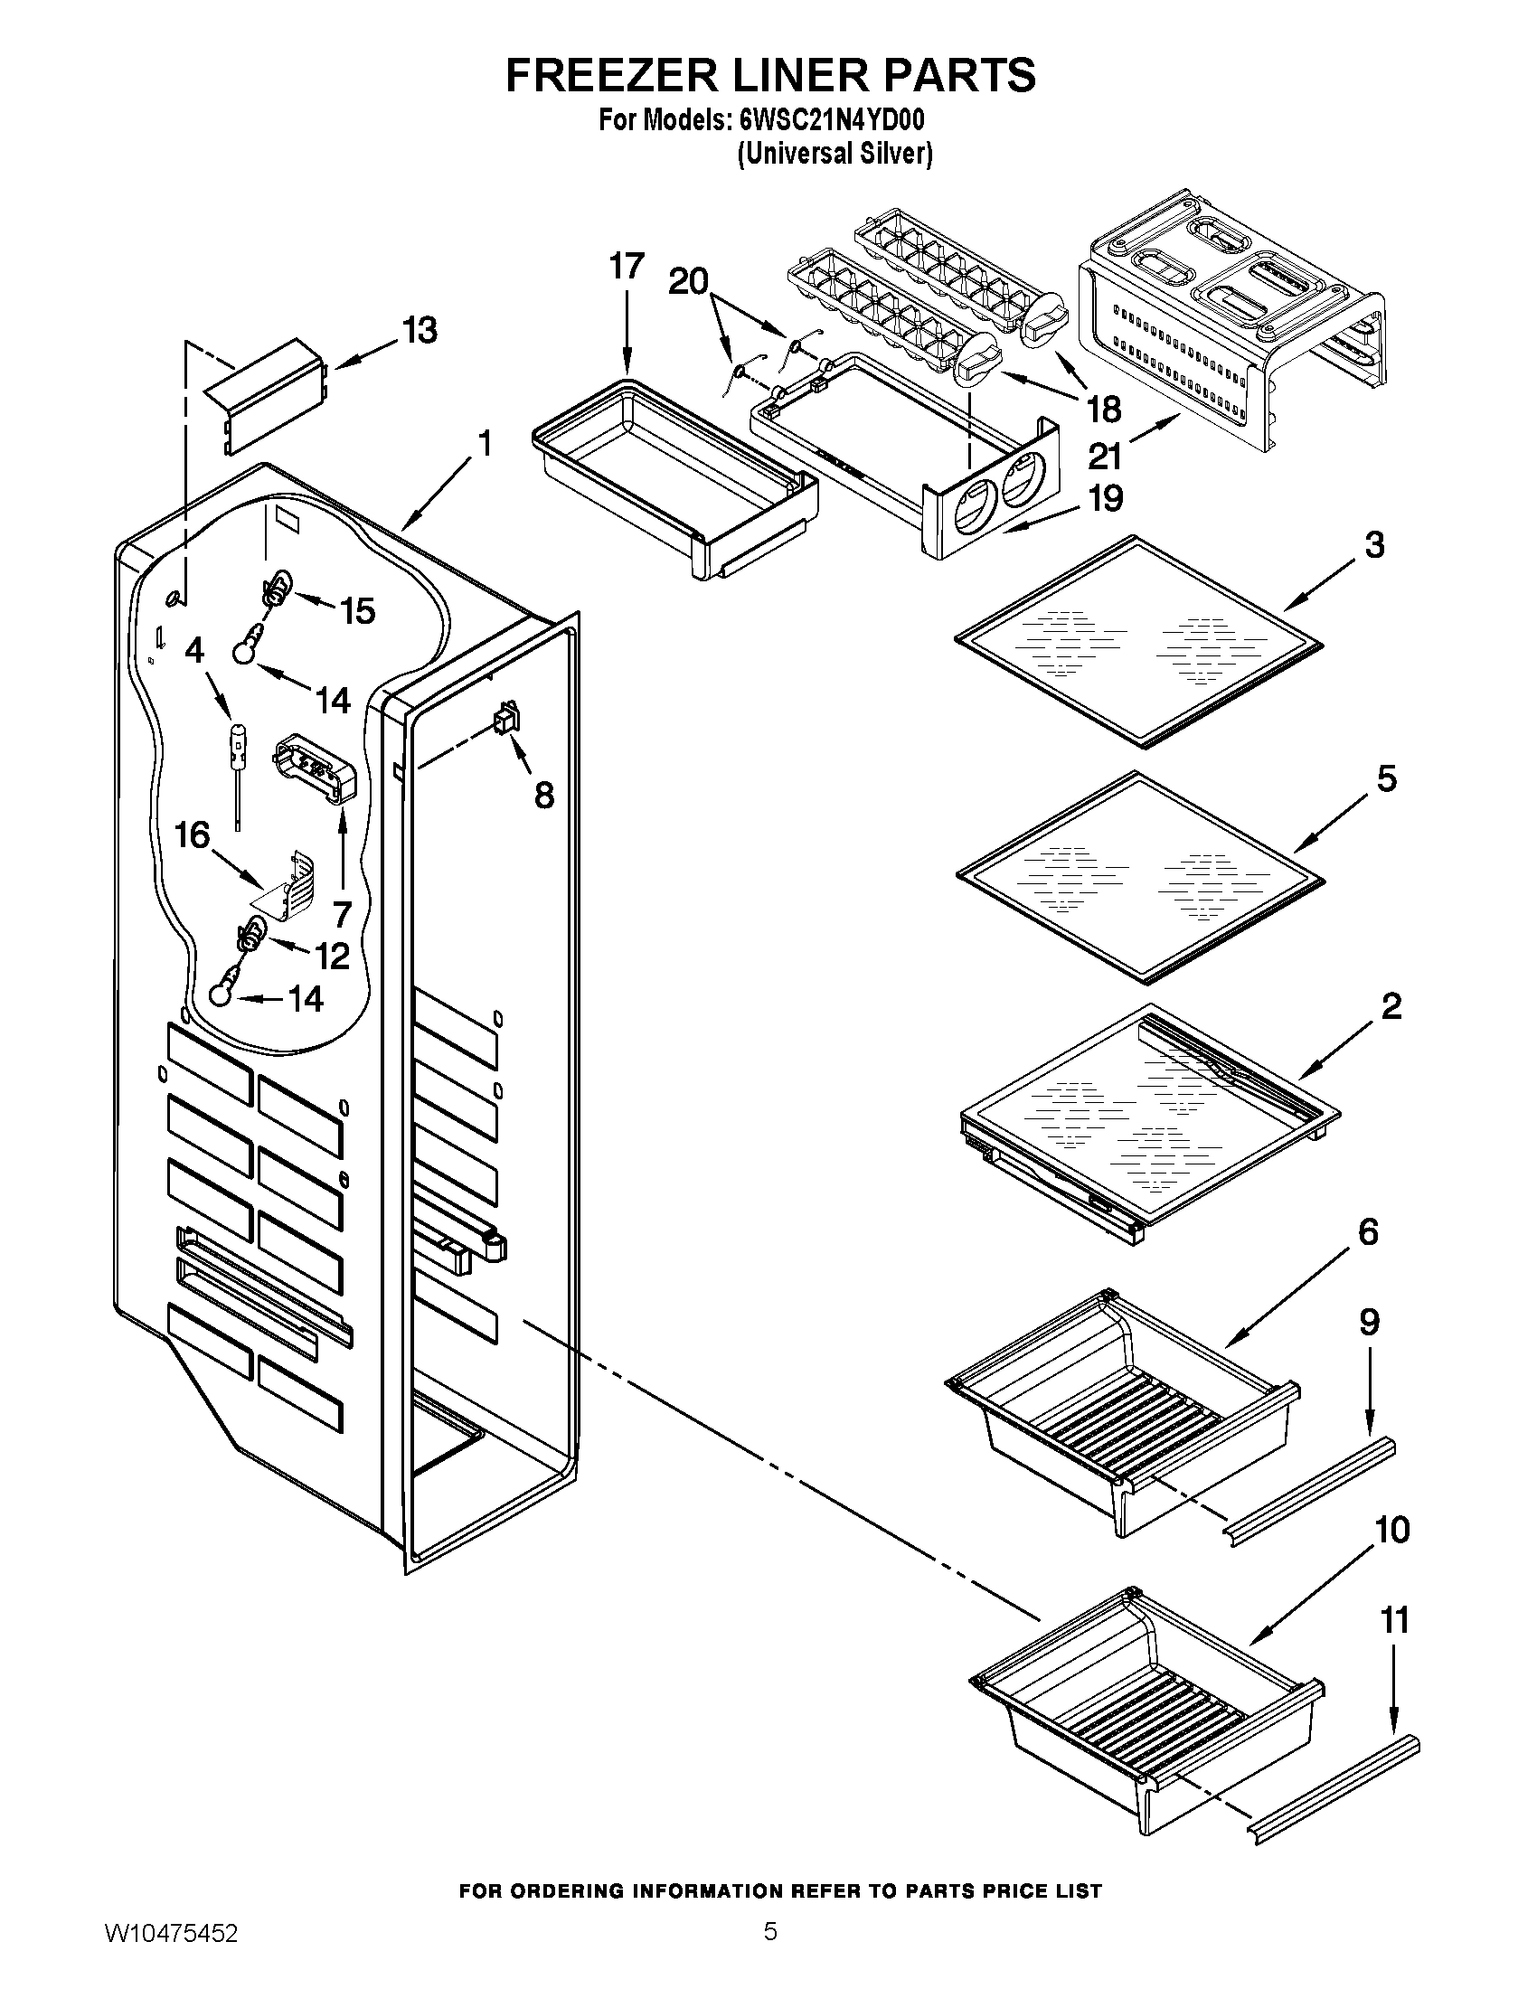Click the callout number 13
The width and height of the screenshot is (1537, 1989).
(x=420, y=331)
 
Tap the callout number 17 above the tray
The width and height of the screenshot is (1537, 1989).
(x=627, y=267)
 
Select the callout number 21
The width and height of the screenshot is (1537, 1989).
(x=1105, y=455)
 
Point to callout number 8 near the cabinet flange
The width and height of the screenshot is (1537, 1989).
(x=543, y=795)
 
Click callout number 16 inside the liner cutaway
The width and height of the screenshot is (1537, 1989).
(x=192, y=834)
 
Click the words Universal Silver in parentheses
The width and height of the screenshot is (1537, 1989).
(x=835, y=154)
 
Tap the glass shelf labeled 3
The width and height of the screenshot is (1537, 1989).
(x=1138, y=642)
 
